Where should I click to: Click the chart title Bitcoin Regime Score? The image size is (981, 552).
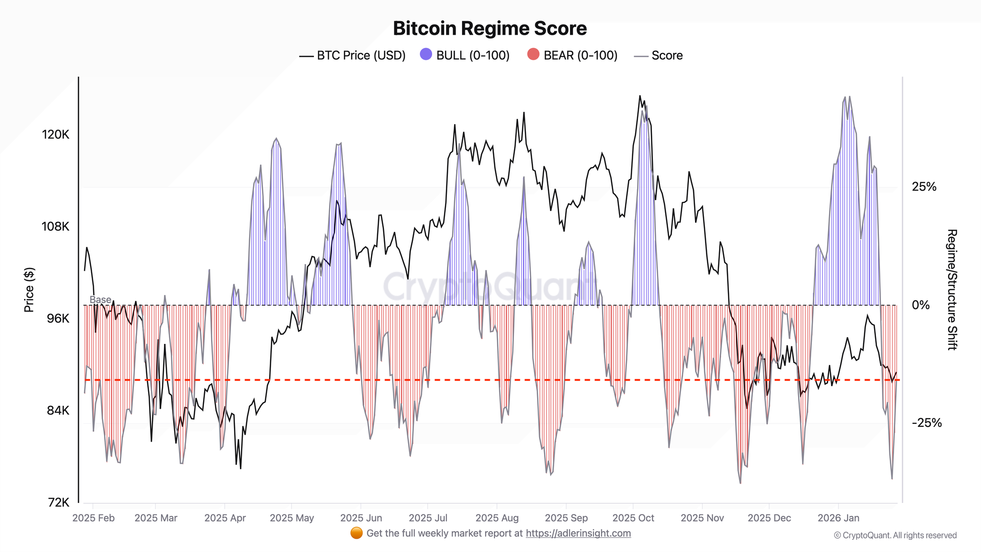[490, 28]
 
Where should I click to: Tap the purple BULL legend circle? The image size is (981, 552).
[426, 54]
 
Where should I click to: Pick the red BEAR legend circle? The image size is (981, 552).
[533, 54]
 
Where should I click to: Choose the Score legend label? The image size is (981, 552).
[667, 55]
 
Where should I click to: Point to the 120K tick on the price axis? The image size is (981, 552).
[55, 134]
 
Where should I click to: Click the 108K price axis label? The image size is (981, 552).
[55, 226]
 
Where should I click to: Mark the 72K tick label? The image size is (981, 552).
[59, 502]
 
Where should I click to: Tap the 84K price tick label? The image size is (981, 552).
[58, 410]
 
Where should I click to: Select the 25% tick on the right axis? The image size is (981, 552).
[924, 186]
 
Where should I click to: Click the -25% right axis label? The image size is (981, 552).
[926, 423]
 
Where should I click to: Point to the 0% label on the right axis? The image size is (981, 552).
[921, 305]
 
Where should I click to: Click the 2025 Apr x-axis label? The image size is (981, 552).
[225, 518]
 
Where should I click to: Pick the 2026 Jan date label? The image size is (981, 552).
[838, 518]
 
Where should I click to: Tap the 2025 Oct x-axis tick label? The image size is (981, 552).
[633, 518]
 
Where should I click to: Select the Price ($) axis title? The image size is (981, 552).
[29, 290]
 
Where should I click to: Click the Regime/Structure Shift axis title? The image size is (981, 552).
[952, 289]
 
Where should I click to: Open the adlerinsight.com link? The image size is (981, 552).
[578, 533]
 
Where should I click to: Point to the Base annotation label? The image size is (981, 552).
[100, 299]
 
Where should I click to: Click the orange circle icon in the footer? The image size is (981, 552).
[357, 533]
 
